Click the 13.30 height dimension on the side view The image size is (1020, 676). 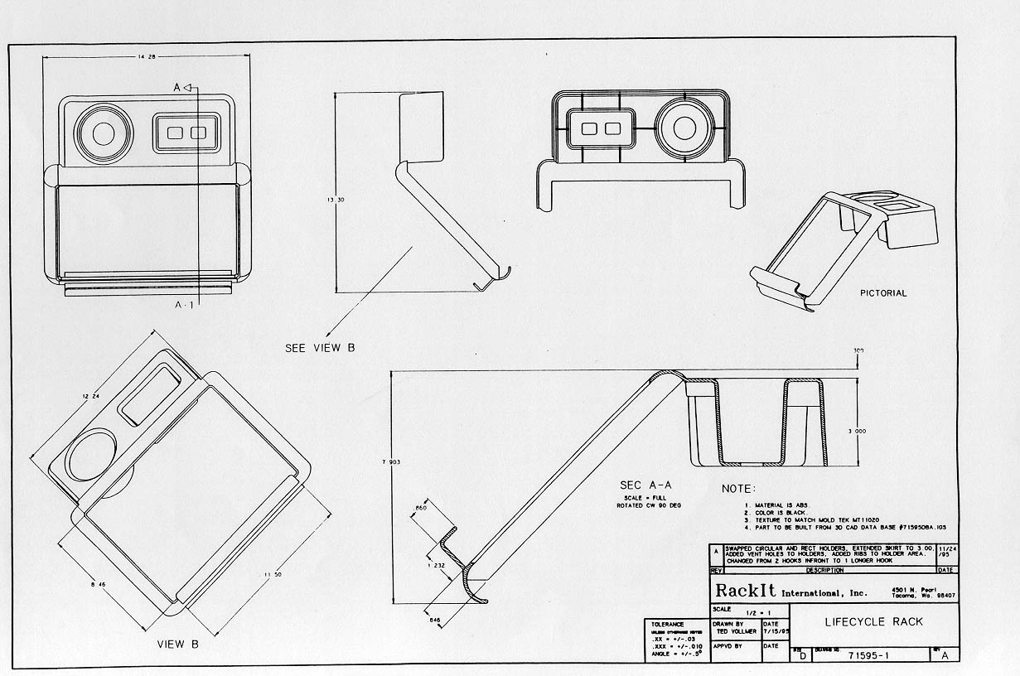pyautogui.click(x=334, y=200)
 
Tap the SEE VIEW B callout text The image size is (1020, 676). pyautogui.click(x=320, y=348)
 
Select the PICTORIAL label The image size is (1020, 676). pyautogui.click(x=883, y=293)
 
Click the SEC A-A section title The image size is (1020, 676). pyautogui.click(x=647, y=485)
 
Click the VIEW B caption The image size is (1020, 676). pyautogui.click(x=178, y=644)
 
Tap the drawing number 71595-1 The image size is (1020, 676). pyautogui.click(x=871, y=655)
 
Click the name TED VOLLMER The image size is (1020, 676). pyautogui.click(x=734, y=631)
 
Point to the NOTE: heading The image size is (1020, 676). pyautogui.click(x=739, y=489)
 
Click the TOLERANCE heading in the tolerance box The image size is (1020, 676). pyautogui.click(x=668, y=625)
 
